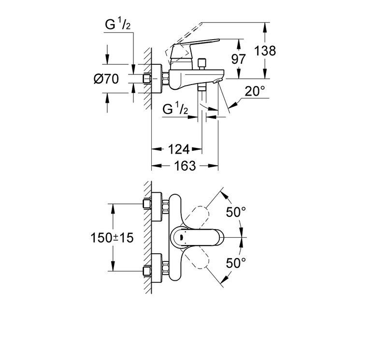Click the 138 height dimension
pos(265,51)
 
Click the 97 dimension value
pos(239,59)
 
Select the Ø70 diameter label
pos(106,79)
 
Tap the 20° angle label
pos(255,91)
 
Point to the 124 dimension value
pos(179,149)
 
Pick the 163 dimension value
pos(185,166)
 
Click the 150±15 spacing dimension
pos(112,237)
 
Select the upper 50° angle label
pos(236,212)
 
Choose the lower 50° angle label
pos(236,263)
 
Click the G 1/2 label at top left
pos(118,25)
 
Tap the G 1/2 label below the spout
pos(175,109)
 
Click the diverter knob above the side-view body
pos(202,62)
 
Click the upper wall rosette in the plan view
pos(157,206)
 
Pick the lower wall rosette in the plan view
pos(157,268)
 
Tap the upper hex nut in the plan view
pos(166,206)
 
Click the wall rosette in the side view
pos(157,79)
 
